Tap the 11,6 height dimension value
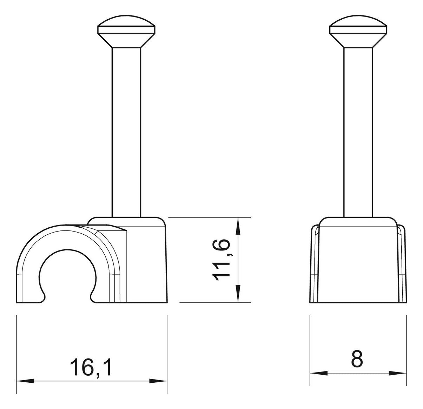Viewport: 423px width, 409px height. pos(221,260)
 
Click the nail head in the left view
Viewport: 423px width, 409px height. pos(126,31)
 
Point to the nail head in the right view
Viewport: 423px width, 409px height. pos(358,31)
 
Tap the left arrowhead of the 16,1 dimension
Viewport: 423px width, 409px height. pos(25,381)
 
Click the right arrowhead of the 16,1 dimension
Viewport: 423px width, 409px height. pos(158,381)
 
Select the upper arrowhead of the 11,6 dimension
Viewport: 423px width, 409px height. pos(238,226)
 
